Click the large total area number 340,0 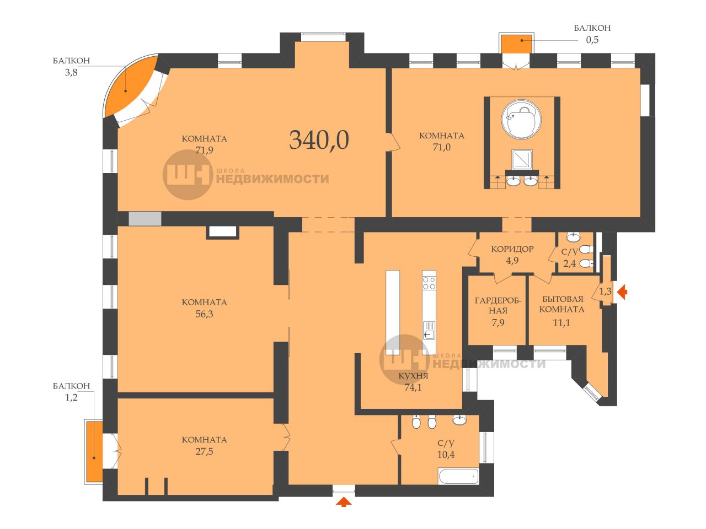[319, 141]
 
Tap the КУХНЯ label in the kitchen [413, 376]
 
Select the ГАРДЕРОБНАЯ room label [498, 305]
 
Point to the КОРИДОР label [512, 249]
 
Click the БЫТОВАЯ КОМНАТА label [562, 304]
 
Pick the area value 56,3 [204, 314]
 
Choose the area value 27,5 [204, 451]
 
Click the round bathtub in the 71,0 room [521, 120]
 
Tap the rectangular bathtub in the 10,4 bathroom [458, 476]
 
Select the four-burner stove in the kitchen [429, 283]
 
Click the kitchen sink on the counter [429, 330]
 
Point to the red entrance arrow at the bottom [344, 501]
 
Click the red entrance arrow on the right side [622, 292]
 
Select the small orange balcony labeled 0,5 [516, 44]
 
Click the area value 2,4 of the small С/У [569, 264]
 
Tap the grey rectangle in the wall [145, 218]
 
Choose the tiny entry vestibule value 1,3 [605, 292]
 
